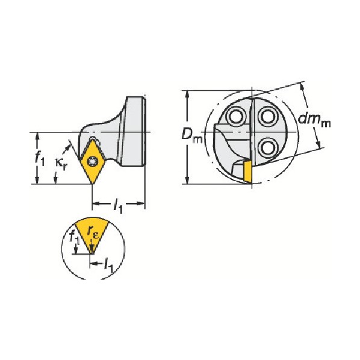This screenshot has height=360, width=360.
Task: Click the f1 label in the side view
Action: (40, 158)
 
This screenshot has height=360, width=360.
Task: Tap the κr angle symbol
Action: (61, 163)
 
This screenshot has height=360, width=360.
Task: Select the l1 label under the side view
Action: (118, 206)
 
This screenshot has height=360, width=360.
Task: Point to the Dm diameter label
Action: (191, 135)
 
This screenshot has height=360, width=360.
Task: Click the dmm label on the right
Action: (314, 120)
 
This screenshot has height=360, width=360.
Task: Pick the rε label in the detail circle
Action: (93, 232)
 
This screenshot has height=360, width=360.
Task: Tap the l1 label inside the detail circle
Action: (108, 265)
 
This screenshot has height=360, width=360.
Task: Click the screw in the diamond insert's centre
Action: (93, 161)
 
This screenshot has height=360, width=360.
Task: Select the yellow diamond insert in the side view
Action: (93, 161)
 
